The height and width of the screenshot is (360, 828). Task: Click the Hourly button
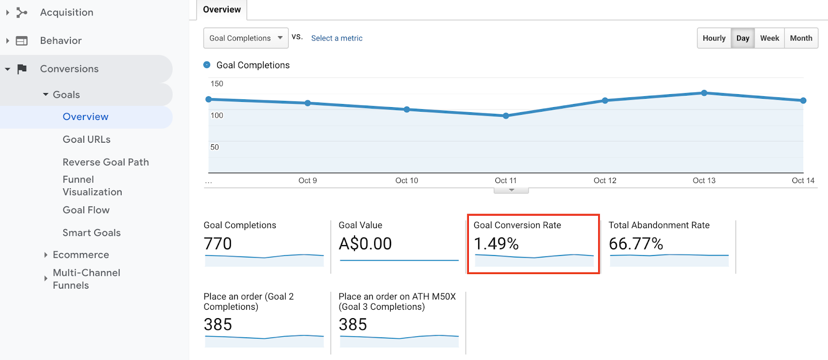click(x=714, y=38)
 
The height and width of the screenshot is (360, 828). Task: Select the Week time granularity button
click(x=770, y=38)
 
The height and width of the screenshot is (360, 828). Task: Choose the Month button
click(x=801, y=38)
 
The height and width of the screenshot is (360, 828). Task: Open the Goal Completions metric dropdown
click(x=246, y=38)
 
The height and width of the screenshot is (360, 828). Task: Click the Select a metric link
click(x=337, y=38)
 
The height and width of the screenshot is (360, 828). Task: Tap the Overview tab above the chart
click(x=222, y=10)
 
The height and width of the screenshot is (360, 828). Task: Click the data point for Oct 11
click(x=506, y=116)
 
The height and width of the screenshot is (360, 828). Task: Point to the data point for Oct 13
click(x=704, y=93)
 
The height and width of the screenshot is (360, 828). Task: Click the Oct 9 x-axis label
click(x=307, y=181)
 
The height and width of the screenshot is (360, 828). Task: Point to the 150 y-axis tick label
click(x=217, y=84)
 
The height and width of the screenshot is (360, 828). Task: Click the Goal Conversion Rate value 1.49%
click(x=496, y=244)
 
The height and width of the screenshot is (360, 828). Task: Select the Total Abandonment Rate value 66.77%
click(x=636, y=244)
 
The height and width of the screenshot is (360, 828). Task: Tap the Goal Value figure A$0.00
click(x=365, y=244)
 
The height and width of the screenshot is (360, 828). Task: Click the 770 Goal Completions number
click(x=218, y=244)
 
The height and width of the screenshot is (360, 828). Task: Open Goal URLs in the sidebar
click(x=86, y=140)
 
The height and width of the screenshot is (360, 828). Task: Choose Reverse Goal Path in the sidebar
click(x=106, y=162)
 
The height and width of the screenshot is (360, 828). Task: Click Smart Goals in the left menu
click(x=92, y=233)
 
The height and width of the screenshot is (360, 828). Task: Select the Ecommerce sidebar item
click(x=81, y=255)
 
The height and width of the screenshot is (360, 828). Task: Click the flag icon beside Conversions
click(x=22, y=69)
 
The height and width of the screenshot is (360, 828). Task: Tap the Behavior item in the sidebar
click(x=61, y=41)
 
